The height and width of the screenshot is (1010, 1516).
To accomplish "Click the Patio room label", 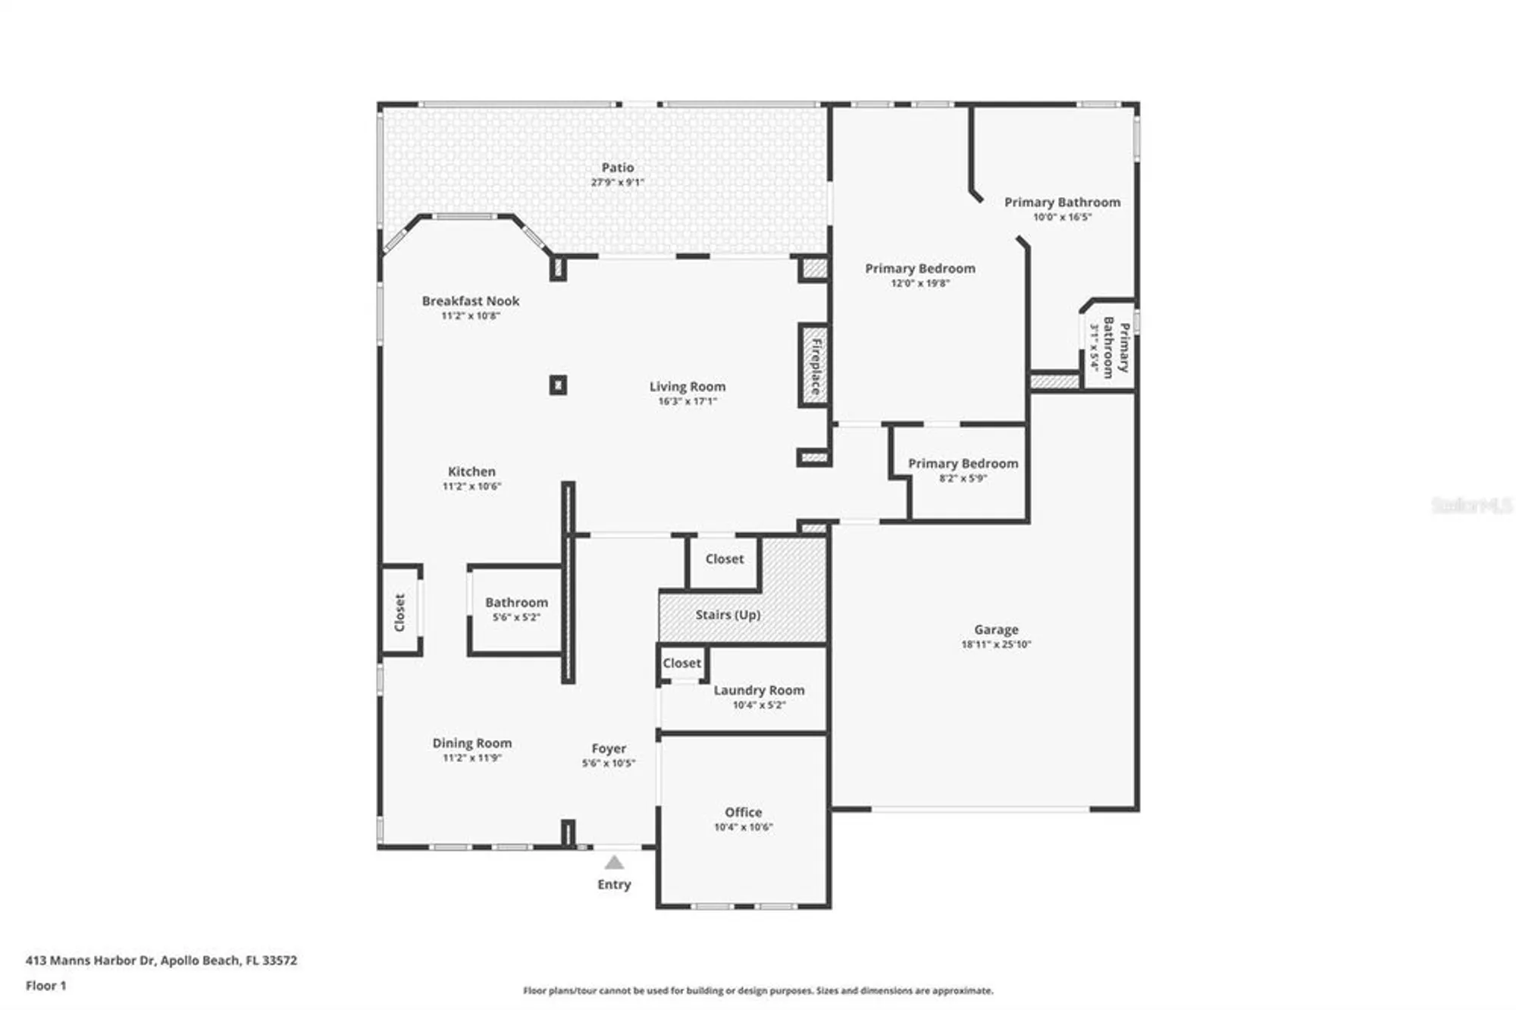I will click(617, 168).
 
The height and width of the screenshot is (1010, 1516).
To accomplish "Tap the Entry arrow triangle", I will click(614, 863).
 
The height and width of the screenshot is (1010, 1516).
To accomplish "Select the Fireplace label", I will click(816, 366).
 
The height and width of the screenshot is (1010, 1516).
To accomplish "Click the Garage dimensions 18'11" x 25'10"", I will click(996, 645).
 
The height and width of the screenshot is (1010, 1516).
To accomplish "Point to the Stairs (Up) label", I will click(728, 615).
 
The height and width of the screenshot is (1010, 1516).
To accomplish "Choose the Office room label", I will click(743, 812).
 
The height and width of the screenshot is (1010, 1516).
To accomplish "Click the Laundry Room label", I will click(759, 690).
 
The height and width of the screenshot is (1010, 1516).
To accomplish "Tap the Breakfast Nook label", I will click(470, 301).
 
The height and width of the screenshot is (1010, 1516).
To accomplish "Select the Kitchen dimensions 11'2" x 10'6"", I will click(471, 486).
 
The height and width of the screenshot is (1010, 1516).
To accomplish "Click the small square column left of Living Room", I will click(558, 385).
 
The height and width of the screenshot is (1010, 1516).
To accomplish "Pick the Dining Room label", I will click(471, 743).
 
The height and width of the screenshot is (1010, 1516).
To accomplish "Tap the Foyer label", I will click(609, 748).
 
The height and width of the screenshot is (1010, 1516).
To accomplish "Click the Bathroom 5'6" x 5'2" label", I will click(516, 603).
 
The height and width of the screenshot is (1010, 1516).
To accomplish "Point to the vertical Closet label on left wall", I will click(399, 612).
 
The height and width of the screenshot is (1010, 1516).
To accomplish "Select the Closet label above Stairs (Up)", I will click(724, 559).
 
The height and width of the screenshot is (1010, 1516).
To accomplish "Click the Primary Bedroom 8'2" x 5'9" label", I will click(963, 463).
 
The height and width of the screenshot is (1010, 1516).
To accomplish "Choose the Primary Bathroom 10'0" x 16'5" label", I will click(1061, 202).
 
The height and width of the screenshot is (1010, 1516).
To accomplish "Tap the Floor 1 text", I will click(45, 986).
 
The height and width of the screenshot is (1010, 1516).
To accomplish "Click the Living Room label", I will click(687, 387).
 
